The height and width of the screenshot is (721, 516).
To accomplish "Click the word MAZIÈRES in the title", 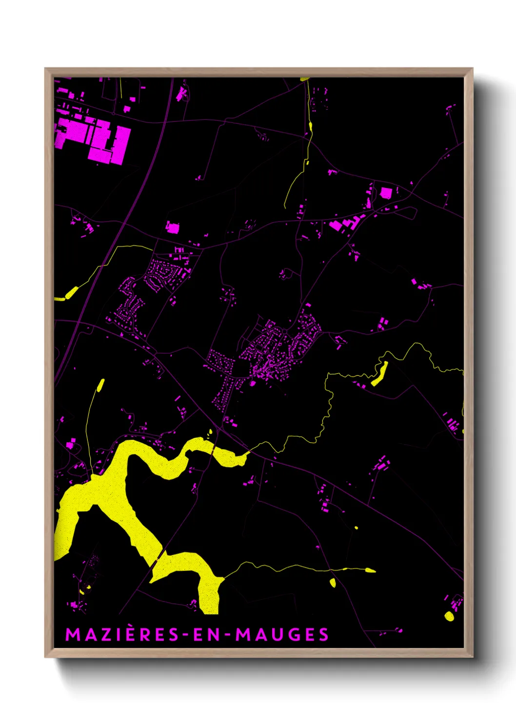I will click(122, 634).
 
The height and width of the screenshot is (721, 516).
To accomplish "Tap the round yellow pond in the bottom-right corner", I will click(449, 616).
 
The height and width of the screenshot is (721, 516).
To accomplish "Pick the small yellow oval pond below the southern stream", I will click(333, 582).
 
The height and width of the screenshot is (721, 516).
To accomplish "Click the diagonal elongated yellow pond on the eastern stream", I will click(380, 374).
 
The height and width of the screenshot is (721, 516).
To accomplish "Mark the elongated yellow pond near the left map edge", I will click(71, 293).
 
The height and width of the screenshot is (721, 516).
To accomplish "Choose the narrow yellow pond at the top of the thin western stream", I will click(101, 385).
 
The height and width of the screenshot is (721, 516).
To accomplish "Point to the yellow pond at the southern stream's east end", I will click(370, 570).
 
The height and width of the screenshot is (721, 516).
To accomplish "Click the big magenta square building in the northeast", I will click(385, 193).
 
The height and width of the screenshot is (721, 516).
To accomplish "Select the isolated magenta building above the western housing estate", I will click(173, 227).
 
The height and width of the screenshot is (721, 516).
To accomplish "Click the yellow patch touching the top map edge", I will click(304, 78).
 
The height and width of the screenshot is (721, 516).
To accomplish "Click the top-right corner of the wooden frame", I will click(472, 69).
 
